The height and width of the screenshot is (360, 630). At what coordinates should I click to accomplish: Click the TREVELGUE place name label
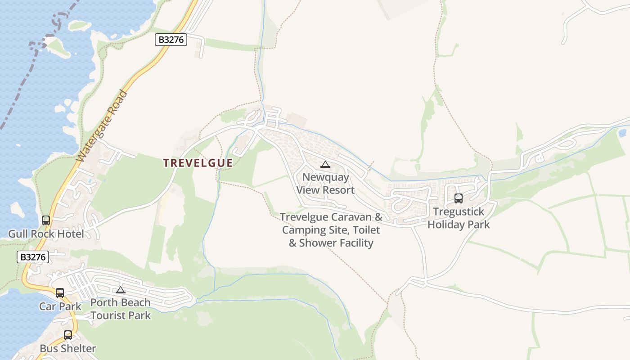(198, 163)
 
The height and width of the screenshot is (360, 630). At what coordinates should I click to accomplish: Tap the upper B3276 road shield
(171, 40)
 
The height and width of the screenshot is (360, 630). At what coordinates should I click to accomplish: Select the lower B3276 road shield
(33, 257)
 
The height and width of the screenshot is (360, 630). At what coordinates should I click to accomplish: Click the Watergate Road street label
(102, 126)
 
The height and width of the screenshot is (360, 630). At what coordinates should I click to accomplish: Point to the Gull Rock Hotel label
(46, 234)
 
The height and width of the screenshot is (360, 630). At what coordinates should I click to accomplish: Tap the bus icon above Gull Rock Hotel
(46, 220)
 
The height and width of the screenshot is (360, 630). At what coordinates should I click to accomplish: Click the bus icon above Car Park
(60, 293)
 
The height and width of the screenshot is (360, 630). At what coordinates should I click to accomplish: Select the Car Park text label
(60, 306)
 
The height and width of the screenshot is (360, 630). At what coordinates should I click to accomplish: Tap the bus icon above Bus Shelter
(68, 335)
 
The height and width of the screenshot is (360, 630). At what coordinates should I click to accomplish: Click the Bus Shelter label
(68, 348)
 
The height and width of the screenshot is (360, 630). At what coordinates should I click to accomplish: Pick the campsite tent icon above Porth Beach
(120, 290)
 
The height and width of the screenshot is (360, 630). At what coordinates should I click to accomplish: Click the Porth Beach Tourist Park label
(121, 309)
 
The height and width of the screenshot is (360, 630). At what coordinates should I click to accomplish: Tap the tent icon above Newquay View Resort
(325, 165)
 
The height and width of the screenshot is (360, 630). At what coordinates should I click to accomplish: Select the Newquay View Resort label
(325, 183)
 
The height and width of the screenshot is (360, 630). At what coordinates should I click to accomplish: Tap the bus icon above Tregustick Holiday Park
(459, 198)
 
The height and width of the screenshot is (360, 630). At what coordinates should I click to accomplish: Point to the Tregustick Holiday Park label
(459, 218)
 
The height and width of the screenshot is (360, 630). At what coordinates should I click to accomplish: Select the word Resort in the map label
(338, 190)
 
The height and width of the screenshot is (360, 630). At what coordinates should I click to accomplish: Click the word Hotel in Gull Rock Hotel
(70, 234)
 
